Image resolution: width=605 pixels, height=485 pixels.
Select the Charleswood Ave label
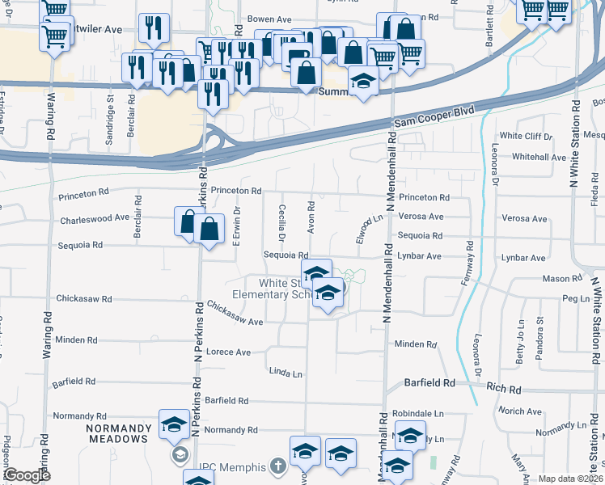pos(95,218)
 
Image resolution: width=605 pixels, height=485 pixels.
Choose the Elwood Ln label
pos(370,230)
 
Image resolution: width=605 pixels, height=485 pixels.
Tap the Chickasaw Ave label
pos(235,314)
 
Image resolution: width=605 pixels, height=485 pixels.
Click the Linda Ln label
pos(286,373)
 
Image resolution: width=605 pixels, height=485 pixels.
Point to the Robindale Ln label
pos(419,413)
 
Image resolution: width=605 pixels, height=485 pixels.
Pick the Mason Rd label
pos(563,279)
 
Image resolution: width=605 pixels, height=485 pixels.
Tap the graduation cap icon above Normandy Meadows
pos(174,424)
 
